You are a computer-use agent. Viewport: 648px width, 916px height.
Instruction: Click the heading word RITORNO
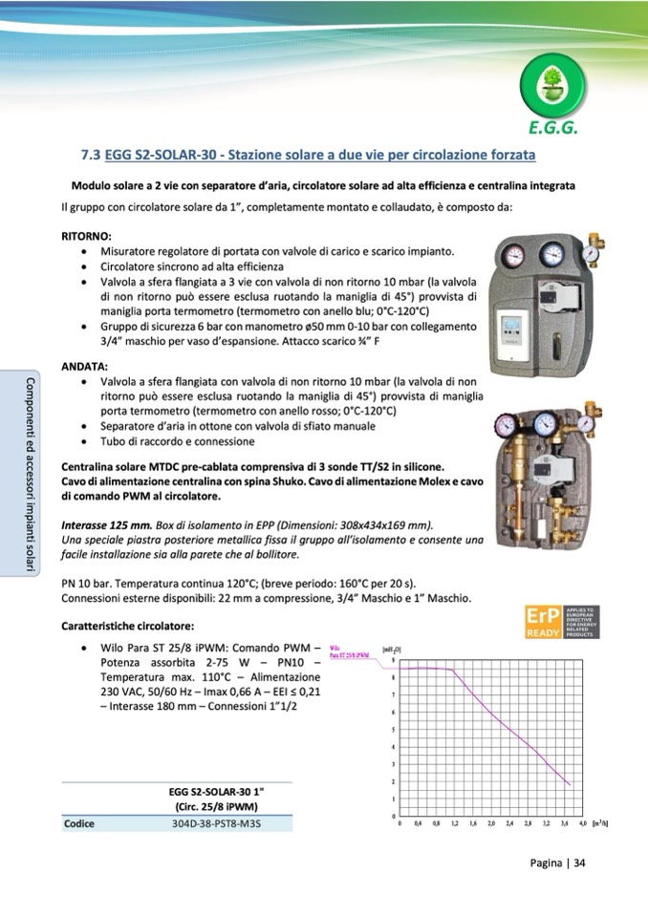(x=87, y=235)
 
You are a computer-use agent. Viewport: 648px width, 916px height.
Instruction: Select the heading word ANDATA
(x=84, y=366)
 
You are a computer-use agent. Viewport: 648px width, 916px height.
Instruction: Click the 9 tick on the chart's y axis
(x=394, y=660)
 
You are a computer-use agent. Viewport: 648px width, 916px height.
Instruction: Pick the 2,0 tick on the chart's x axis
(x=492, y=822)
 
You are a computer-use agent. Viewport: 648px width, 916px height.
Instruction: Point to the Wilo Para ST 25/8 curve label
(x=349, y=651)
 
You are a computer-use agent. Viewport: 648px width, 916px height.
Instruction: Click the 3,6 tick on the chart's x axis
(x=566, y=822)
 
